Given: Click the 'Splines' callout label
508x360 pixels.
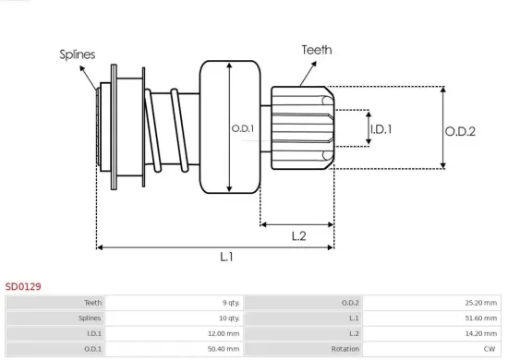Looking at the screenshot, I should (x=77, y=54).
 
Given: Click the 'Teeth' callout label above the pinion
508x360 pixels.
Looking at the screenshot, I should (x=316, y=50).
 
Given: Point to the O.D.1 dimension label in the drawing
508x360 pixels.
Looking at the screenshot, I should (x=242, y=128).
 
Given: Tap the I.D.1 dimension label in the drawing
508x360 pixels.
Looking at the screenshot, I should (x=381, y=129).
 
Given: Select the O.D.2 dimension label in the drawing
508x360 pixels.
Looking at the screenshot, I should (x=459, y=132).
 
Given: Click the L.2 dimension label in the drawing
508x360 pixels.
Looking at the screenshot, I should (x=298, y=236).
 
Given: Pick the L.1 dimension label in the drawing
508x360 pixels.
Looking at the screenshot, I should (x=226, y=258).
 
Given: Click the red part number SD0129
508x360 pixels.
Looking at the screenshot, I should (x=23, y=287).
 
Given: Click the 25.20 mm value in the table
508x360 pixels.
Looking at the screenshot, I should (x=479, y=302).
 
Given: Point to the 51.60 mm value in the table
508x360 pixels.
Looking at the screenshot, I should (x=479, y=318).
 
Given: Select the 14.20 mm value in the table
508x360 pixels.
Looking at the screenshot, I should (x=479, y=333).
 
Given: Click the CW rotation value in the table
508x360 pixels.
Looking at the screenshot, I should (x=490, y=349).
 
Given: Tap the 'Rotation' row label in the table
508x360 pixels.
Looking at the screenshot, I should (x=345, y=349).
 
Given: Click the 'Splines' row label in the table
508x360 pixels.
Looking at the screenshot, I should (x=89, y=318).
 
